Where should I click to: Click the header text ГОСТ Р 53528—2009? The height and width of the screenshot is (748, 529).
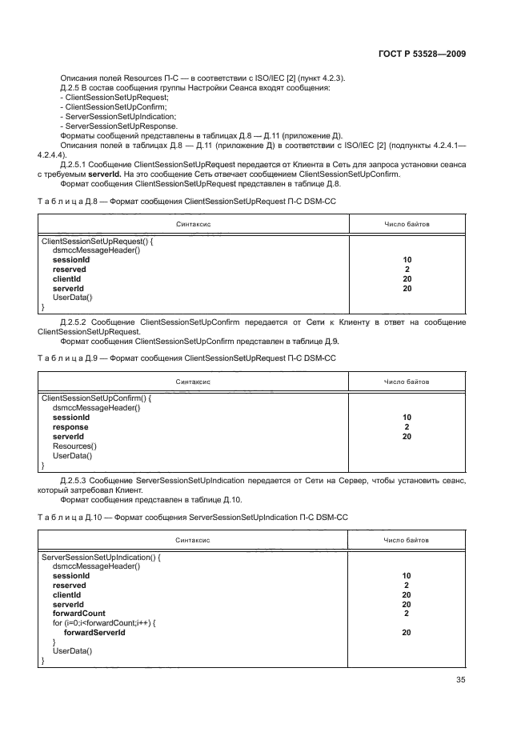pos(422,54)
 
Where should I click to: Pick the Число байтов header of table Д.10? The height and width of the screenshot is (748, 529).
pos(407,540)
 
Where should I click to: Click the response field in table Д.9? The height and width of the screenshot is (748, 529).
pos(70,427)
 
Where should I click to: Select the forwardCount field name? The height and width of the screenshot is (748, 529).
pos(78,614)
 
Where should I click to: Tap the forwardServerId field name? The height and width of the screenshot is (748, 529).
pos(94,632)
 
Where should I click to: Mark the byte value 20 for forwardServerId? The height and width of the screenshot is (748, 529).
pos(407,632)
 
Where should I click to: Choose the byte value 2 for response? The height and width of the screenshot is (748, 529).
pos(407,427)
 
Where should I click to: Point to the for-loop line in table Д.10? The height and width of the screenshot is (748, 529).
pos(103,623)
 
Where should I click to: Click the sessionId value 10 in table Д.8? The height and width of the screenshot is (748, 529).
pos(407,260)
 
